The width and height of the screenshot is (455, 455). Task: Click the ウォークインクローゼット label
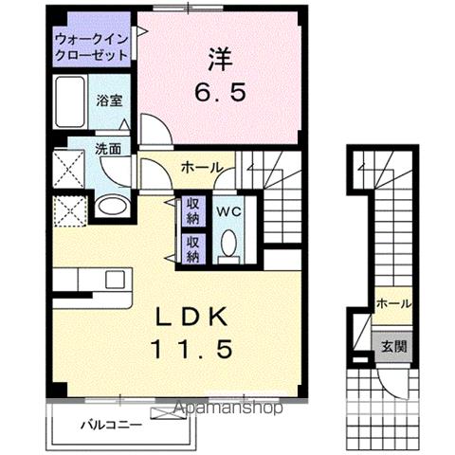[91, 47]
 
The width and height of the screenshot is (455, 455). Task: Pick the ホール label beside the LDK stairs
[202, 167]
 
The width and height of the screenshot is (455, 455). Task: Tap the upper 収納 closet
[192, 209]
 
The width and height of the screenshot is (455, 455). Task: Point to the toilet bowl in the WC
[226, 246]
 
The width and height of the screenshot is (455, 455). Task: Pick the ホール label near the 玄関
[393, 303]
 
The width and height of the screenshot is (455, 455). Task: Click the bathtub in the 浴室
[70, 98]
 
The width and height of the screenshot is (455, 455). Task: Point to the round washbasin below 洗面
[112, 206]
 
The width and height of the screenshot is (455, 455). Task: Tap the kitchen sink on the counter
[115, 280]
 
